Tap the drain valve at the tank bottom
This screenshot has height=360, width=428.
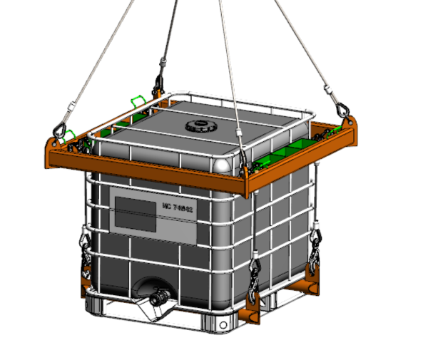(x=156, y=295)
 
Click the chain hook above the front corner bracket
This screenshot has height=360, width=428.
(x=253, y=274)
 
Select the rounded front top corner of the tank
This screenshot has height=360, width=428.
(x=223, y=163)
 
